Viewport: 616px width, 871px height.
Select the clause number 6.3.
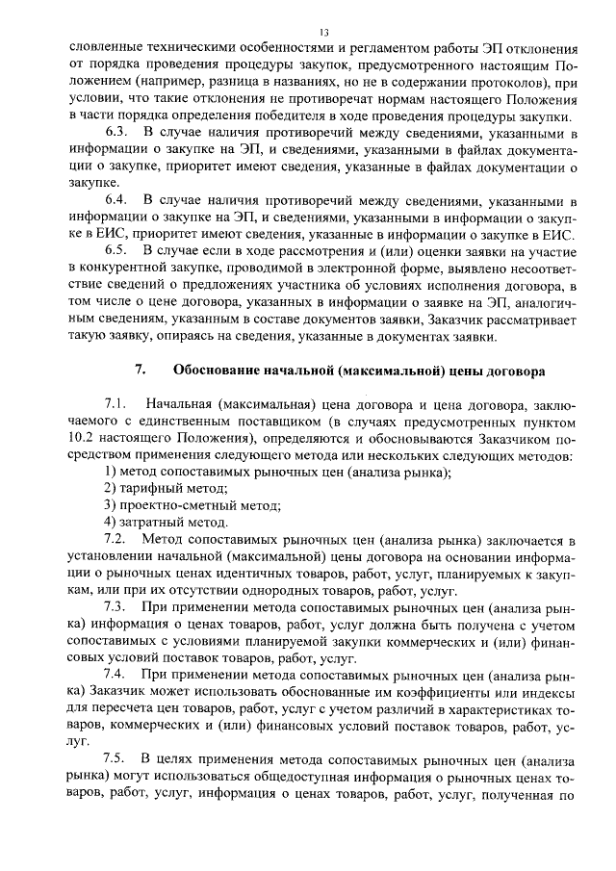tap(116, 130)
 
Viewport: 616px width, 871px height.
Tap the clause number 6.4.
tap(116, 200)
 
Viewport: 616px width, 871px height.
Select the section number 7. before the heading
tap(139, 370)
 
